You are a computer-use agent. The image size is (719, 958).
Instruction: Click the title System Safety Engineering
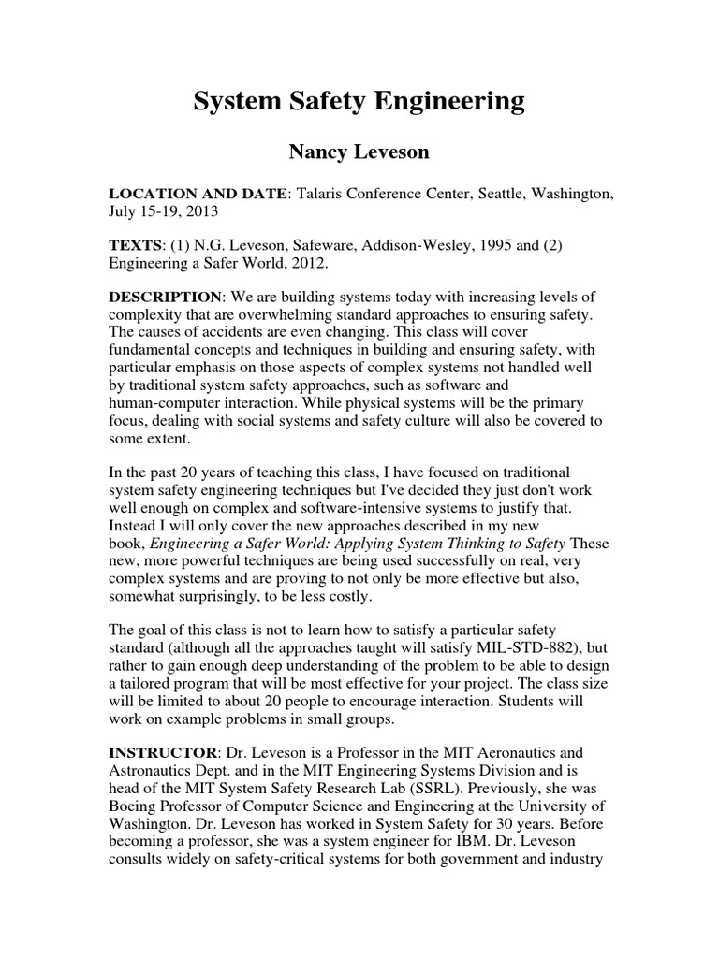[359, 102]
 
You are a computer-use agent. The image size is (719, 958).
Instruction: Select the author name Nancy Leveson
[359, 151]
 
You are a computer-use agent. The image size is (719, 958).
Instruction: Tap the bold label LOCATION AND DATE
[199, 193]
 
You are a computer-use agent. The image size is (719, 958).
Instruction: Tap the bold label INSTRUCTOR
[163, 751]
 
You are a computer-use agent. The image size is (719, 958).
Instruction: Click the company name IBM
[468, 840]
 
